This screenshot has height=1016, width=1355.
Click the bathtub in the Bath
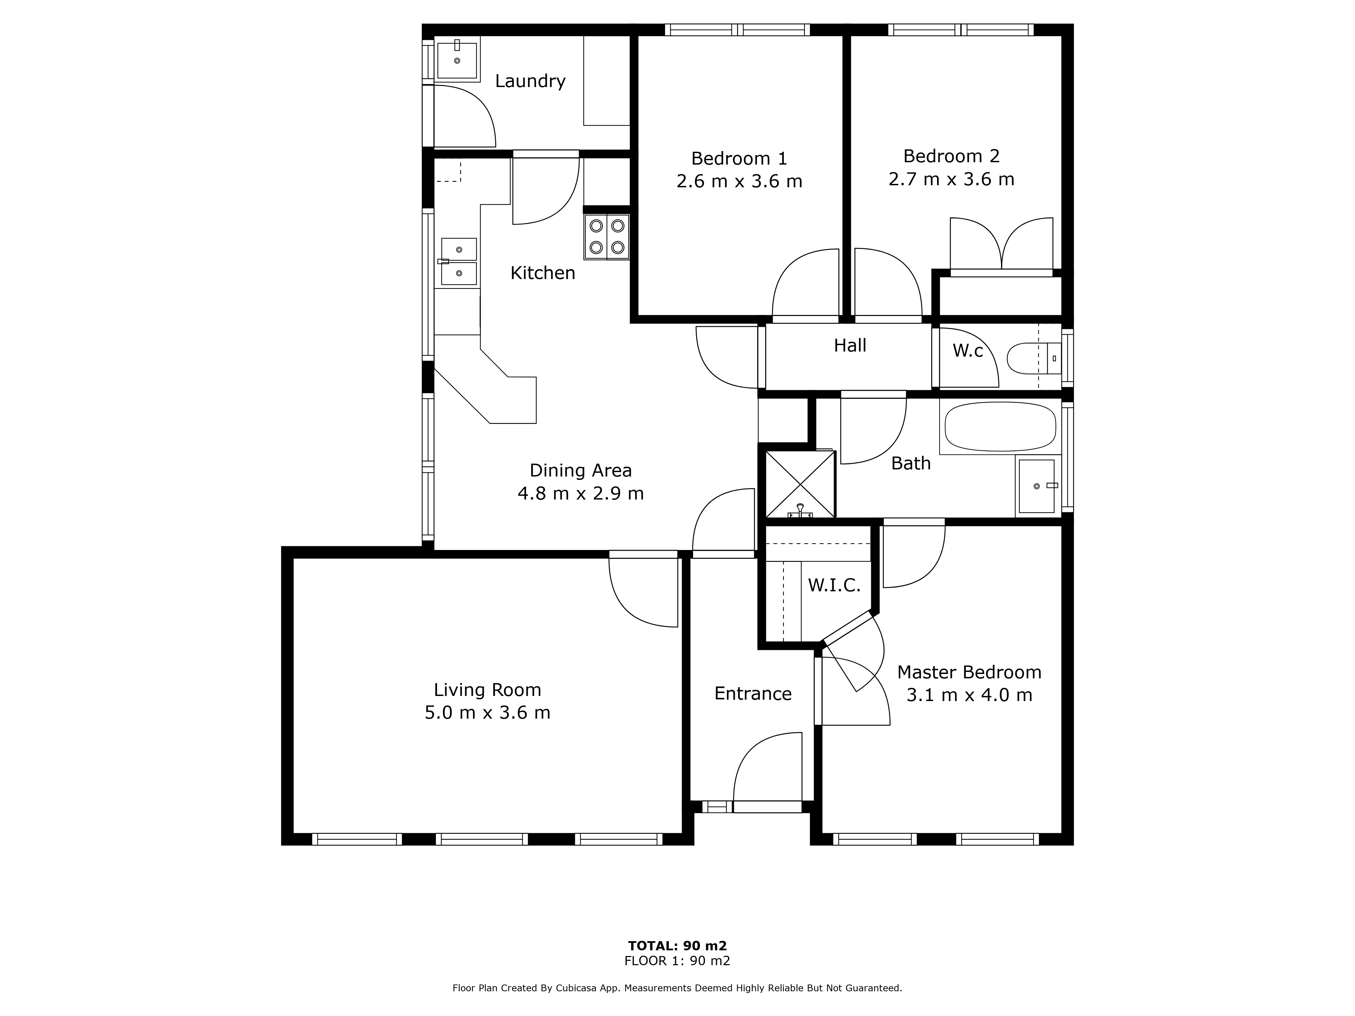1000,427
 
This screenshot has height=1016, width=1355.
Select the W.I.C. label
834,586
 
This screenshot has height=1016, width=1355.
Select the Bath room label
911,464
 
